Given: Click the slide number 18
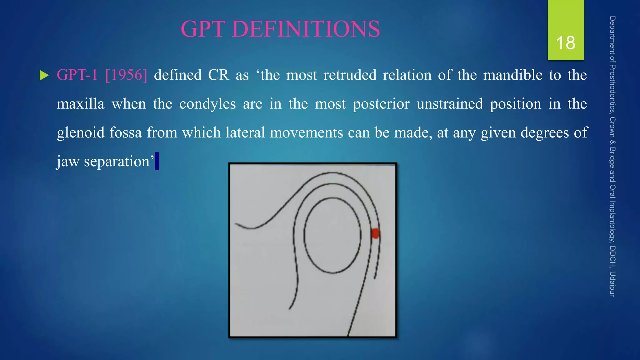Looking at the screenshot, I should pos(566,43).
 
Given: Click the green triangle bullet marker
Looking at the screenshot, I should pos(44,75).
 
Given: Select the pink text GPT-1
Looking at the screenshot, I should pos(77,75).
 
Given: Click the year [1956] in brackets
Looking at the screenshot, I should pos(126,75).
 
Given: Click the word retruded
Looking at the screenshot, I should pos(350,75).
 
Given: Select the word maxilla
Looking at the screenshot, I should pos(80,104).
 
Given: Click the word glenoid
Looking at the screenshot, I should pos(81,133).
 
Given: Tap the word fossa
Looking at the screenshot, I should pos(125,132).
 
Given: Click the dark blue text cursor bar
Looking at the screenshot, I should pos(157,161).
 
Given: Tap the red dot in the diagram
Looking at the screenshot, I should pos(375,233).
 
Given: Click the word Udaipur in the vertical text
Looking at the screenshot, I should pos(612,284).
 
